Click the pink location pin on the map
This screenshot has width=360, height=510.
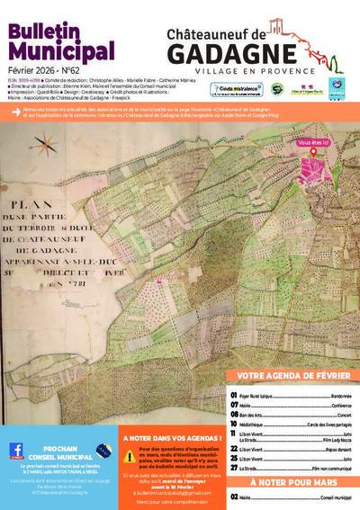point(314,152)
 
